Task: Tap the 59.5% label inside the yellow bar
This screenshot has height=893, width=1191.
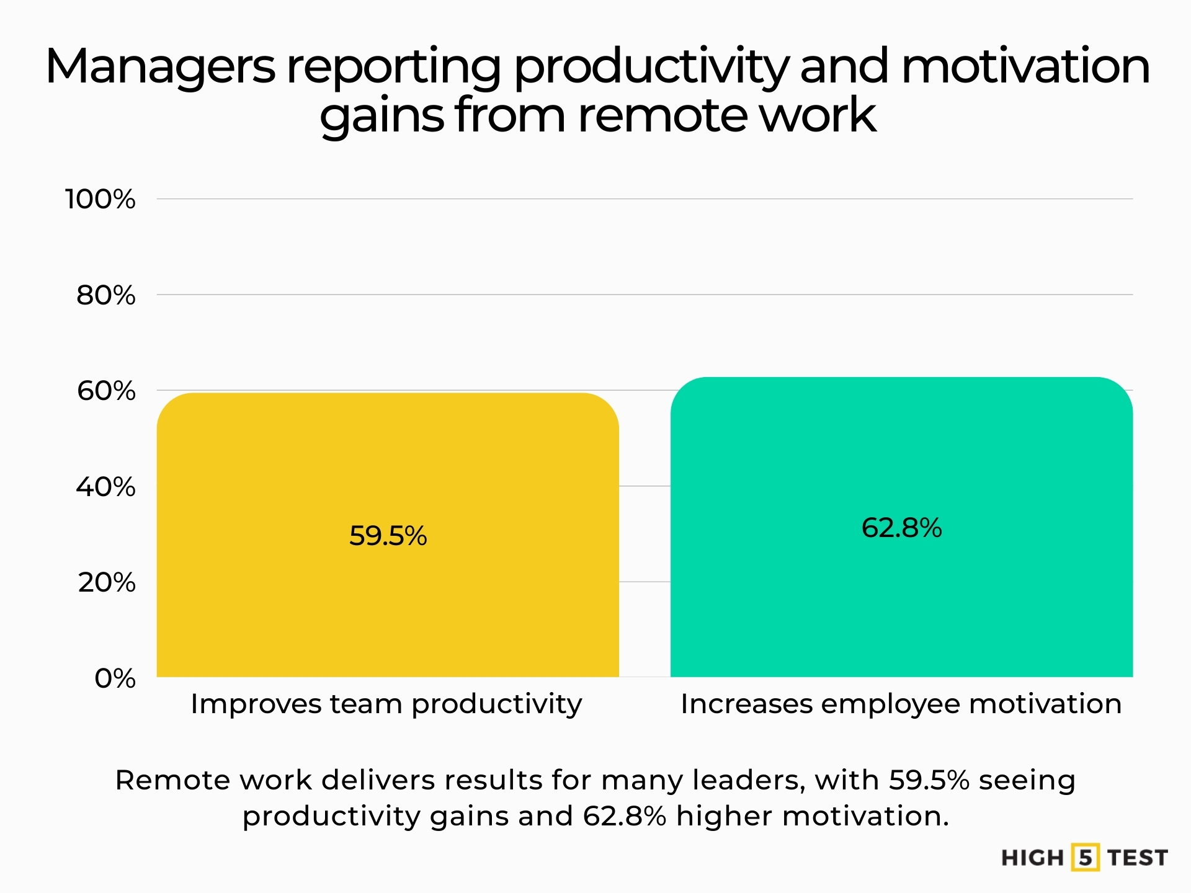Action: [x=388, y=536]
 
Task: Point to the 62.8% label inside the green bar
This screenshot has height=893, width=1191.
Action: [x=901, y=528]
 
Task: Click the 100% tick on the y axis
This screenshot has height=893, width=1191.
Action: [x=100, y=199]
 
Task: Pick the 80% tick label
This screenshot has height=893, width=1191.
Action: [x=105, y=295]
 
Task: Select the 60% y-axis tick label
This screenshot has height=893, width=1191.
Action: [x=105, y=391]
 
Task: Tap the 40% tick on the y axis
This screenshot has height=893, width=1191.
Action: [x=105, y=487]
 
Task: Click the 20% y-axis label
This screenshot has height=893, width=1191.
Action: [x=106, y=582]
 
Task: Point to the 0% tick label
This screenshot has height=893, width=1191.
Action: [x=115, y=678]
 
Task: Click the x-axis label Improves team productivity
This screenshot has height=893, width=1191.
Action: [x=386, y=704]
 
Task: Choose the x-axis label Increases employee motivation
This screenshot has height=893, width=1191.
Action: [x=901, y=704]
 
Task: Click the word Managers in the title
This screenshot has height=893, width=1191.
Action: [x=160, y=67]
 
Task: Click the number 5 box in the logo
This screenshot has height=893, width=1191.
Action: [x=1085, y=858]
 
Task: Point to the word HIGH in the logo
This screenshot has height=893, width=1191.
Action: [x=1032, y=858]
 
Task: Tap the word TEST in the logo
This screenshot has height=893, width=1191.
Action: [x=1138, y=858]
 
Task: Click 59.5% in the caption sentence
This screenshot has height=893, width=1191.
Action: [x=929, y=780]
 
